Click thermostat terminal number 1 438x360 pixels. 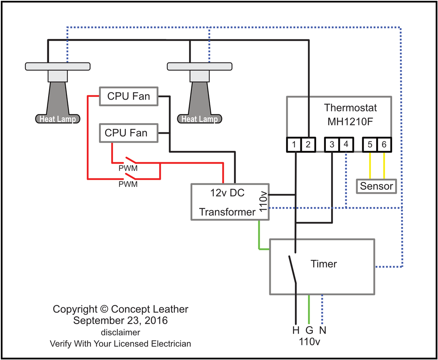294,144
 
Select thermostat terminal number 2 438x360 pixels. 308,144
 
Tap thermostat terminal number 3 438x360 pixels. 332,144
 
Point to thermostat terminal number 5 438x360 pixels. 370,144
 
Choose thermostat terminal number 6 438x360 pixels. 384,144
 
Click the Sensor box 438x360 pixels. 377,186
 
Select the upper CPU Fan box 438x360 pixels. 129,96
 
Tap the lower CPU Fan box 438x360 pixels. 129,133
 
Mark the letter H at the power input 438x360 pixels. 296,330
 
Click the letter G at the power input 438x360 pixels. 309,330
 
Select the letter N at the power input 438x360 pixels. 323,330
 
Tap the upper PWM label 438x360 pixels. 128,169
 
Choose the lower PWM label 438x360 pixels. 128,185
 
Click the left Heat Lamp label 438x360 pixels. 58,119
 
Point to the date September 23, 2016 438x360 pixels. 120,321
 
